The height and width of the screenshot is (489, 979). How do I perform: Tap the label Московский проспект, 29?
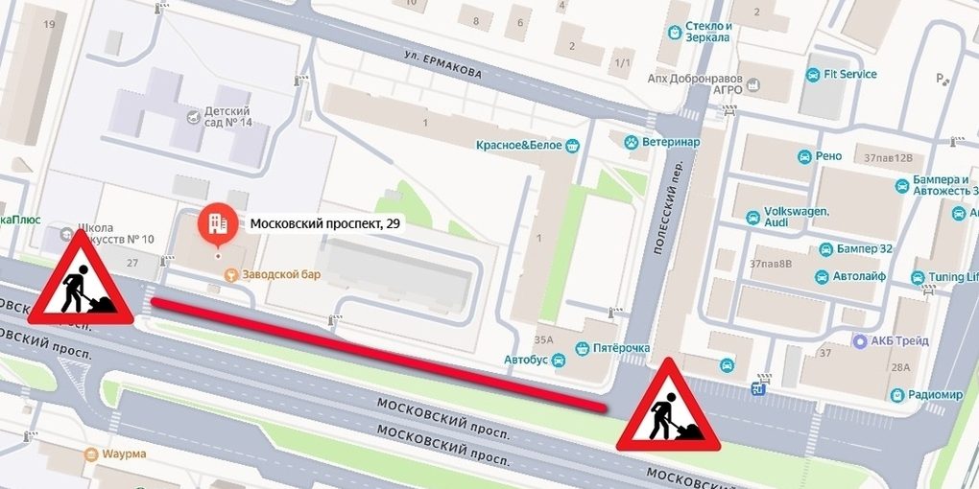325,224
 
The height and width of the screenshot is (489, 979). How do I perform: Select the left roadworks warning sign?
82,279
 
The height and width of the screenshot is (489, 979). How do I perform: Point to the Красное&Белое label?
518,145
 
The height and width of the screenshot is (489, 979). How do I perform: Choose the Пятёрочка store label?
622,348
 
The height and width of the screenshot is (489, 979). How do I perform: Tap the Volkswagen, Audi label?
796,217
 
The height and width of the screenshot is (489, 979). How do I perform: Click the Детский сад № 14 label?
227,116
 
